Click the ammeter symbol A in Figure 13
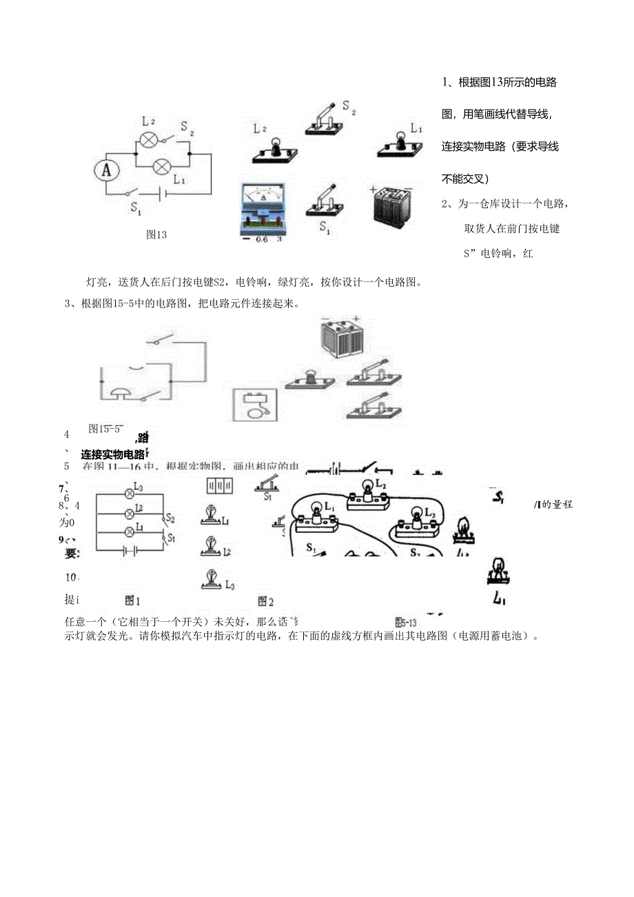point(106,170)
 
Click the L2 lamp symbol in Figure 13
point(148,140)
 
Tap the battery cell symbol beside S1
point(161,195)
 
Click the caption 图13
point(156,234)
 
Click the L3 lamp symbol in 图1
point(128,493)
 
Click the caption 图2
point(266,601)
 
